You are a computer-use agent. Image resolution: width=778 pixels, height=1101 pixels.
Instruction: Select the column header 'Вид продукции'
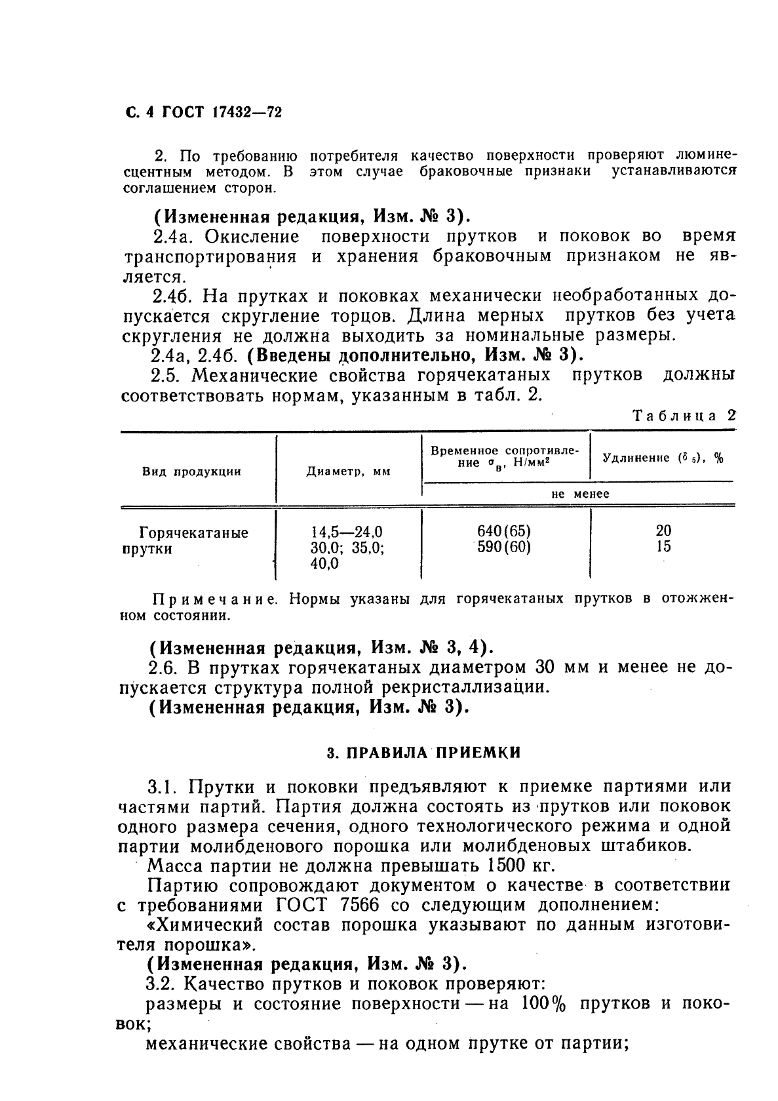pos(192,471)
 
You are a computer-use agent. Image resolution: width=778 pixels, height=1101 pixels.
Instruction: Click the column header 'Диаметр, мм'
pos(349,471)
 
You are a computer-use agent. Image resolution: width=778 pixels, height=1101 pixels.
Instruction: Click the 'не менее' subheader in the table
pos(580,494)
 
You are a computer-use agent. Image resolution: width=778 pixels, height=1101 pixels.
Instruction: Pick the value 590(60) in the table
pos(504,547)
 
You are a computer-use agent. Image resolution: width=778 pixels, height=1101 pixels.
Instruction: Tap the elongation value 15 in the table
pos(663,546)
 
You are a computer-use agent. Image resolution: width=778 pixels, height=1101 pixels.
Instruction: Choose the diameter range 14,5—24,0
pos(347,531)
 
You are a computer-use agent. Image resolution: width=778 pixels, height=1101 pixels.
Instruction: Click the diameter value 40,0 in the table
pos(324,563)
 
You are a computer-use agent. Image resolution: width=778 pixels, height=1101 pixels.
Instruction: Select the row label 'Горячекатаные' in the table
pos(194,532)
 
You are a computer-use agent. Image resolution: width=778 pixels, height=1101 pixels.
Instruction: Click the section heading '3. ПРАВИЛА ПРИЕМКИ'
pos(423,753)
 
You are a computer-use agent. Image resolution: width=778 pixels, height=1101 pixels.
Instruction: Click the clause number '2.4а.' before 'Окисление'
pos(172,236)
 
